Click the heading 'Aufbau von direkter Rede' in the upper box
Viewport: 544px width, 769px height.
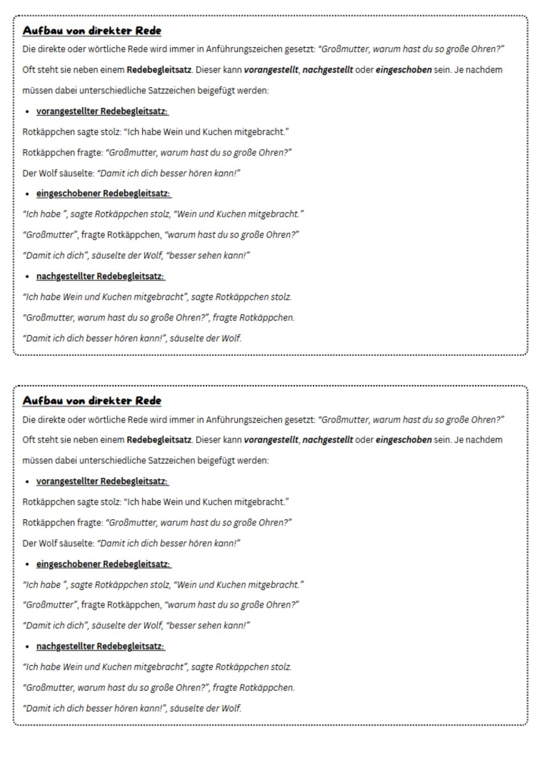coord(92,31)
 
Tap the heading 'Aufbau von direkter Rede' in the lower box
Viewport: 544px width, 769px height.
coord(92,401)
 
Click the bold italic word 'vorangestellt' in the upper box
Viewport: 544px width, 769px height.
coord(271,70)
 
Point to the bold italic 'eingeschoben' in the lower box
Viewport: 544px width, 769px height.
coord(403,440)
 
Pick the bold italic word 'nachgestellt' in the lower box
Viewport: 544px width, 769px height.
coord(328,440)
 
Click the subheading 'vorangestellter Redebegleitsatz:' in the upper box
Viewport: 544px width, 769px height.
coord(102,111)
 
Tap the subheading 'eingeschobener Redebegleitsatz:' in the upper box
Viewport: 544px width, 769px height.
coord(103,193)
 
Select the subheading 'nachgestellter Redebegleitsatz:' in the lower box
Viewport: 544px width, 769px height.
coord(101,646)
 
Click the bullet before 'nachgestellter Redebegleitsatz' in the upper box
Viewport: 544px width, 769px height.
coord(27,277)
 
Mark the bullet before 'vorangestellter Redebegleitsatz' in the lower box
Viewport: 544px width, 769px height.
coord(27,482)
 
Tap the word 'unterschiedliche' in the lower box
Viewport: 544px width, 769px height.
coord(112,461)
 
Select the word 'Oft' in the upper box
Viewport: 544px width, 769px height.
coord(29,70)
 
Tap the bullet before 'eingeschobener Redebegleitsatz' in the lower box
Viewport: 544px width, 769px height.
coord(27,564)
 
